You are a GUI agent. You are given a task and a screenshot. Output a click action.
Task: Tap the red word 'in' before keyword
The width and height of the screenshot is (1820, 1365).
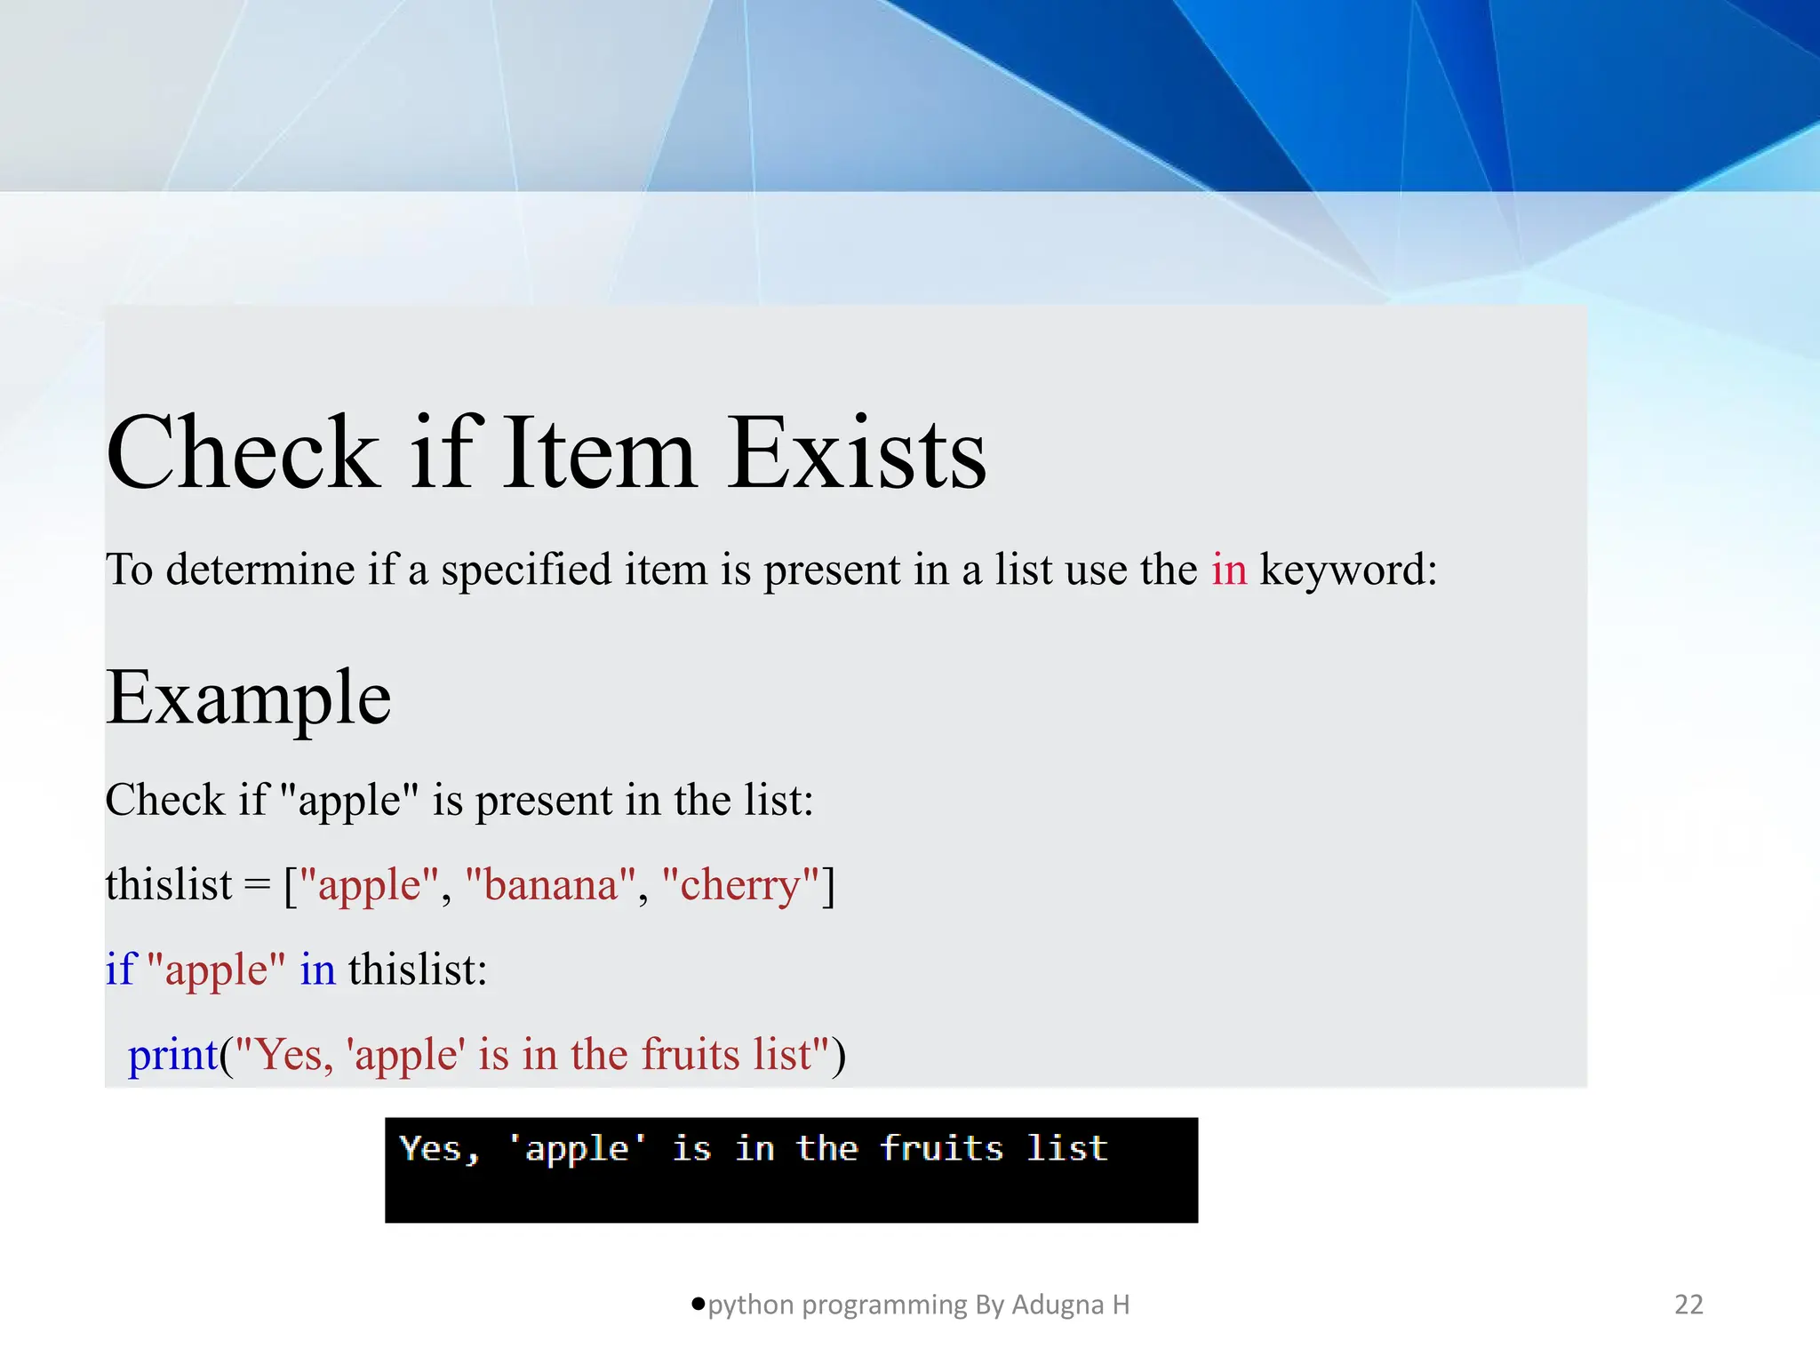(1229, 569)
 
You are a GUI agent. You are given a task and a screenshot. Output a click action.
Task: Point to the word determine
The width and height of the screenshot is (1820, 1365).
(260, 569)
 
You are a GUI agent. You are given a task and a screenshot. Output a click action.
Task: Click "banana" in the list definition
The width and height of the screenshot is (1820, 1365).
(550, 885)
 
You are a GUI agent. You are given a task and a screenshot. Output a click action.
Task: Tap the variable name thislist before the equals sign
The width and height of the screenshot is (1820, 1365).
(169, 885)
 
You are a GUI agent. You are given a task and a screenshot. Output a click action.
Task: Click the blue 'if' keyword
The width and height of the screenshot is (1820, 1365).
(121, 969)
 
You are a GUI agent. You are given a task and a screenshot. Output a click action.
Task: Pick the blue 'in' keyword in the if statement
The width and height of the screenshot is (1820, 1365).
(317, 970)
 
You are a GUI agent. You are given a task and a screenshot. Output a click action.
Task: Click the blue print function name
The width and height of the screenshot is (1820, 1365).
(173, 1056)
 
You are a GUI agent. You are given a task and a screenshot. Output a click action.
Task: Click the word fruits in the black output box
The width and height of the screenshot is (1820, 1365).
(941, 1148)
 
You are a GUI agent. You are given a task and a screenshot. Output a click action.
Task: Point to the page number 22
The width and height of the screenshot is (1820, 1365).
(1688, 1305)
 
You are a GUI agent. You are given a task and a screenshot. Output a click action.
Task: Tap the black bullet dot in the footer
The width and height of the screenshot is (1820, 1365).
(698, 1304)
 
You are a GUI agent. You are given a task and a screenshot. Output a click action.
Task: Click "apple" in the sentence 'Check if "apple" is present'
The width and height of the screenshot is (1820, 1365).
(348, 801)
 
